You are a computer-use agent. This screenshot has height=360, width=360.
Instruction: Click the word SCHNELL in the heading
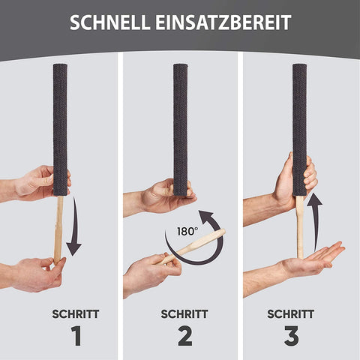tap(109, 22)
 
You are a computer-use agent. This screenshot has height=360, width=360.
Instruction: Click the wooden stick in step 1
tap(58, 229)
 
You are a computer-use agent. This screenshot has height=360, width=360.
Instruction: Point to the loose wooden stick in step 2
tap(195, 247)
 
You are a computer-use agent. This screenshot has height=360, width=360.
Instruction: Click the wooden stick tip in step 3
tap(300, 225)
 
